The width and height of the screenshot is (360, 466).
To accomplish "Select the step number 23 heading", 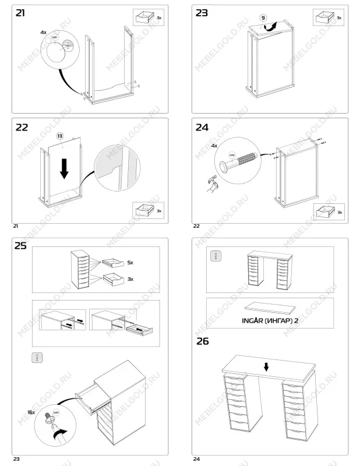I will point(202,13).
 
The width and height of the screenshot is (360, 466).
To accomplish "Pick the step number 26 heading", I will point(202,341).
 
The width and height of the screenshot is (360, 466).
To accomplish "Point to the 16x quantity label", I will point(32,412).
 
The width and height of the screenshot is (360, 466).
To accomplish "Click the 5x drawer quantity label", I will point(130,263).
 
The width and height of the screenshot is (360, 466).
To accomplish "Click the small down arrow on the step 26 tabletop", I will point(266,367).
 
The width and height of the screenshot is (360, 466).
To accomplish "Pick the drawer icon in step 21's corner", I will point(144,17).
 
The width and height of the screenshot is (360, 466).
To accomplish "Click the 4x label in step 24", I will point(213,146).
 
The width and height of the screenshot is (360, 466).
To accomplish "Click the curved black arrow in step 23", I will point(270,26).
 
